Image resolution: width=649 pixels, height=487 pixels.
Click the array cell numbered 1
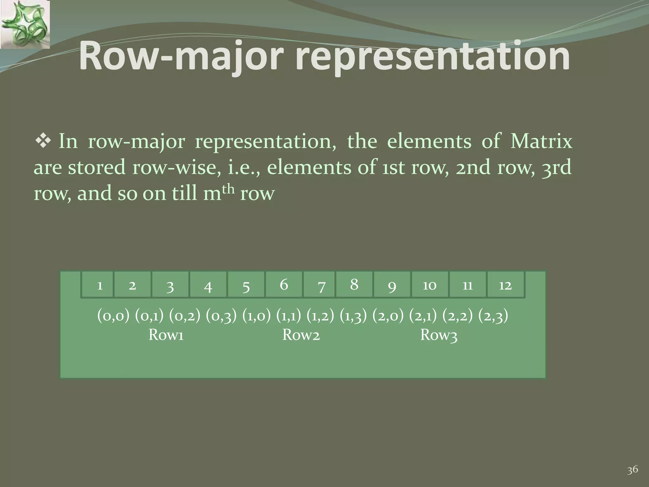98,284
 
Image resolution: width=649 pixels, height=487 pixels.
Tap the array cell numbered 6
284,284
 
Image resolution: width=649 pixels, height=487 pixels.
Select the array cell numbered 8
354,284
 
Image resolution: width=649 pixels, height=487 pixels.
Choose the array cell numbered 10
429,284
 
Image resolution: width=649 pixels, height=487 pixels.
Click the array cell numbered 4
208,284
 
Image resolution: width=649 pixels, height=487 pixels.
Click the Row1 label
166,335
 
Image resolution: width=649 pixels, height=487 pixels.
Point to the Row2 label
301,335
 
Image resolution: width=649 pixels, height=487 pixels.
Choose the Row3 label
439,335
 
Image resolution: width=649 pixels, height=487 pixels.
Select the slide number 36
633,470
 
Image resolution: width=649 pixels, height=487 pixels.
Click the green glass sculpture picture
25,24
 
